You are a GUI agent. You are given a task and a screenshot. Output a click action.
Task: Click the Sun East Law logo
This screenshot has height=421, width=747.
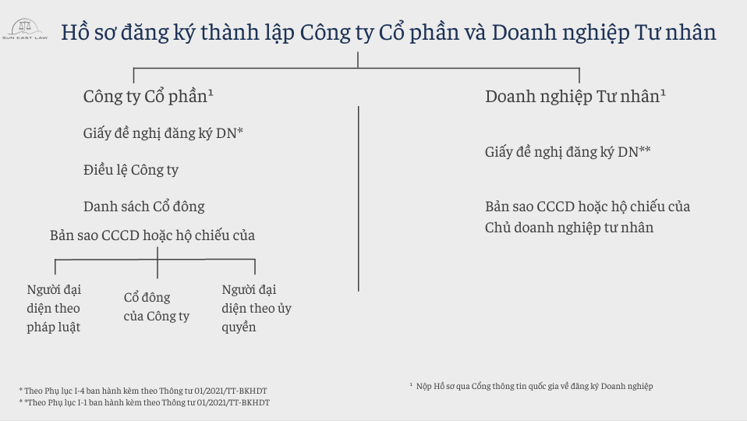25,30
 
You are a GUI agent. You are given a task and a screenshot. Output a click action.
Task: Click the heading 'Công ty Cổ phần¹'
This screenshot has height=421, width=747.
148,97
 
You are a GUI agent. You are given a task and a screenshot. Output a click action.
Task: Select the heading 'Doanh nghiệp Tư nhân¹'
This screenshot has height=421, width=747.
575,97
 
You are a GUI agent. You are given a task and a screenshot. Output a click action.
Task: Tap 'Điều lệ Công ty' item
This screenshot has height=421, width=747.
131,170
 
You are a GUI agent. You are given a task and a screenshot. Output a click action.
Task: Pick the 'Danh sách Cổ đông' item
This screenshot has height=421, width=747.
144,207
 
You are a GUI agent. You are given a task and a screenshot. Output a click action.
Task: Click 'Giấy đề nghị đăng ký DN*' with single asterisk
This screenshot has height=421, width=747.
164,133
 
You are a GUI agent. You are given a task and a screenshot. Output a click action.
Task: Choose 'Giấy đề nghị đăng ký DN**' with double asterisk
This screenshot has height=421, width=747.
568,152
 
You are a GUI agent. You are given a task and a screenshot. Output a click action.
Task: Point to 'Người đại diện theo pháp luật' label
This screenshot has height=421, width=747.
54,308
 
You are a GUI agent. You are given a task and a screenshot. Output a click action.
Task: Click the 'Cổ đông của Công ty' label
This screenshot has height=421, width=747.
157,306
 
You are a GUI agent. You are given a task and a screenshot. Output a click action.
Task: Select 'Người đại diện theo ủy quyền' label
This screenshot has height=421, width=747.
257,308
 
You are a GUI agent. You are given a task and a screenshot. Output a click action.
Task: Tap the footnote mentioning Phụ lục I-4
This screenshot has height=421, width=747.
143,391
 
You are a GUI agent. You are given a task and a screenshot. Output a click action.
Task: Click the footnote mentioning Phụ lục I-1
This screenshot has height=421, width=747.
144,402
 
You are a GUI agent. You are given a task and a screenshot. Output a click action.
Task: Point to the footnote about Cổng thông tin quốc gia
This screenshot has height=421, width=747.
531,386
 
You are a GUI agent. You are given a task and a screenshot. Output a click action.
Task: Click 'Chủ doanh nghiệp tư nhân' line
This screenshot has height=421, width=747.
569,228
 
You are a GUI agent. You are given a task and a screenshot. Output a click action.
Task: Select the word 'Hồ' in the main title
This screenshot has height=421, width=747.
76,33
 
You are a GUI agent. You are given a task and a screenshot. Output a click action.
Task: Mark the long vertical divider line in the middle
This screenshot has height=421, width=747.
358,199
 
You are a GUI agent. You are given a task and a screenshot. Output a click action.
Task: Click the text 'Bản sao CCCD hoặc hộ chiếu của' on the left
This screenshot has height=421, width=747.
153,235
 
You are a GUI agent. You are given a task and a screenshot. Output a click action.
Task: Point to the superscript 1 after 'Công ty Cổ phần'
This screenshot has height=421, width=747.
211,93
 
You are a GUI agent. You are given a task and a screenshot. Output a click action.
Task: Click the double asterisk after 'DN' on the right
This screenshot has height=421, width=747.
645,150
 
